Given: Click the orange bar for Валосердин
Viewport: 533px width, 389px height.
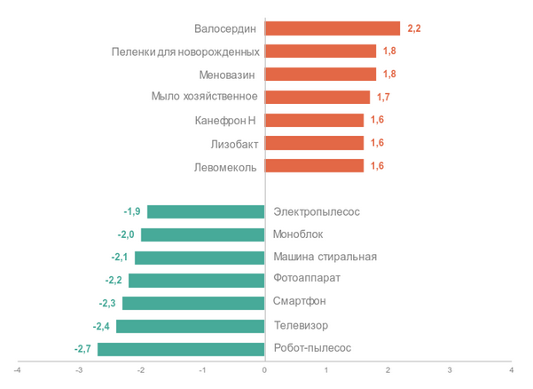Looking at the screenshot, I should coord(333,28).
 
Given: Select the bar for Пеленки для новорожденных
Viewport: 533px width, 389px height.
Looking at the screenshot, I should coord(320,52).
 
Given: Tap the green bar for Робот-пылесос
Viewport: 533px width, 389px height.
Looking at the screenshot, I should coord(181,349).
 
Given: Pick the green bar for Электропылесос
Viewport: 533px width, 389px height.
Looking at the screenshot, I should coord(206,211).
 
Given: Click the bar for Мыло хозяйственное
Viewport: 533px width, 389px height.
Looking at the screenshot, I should coord(317,97).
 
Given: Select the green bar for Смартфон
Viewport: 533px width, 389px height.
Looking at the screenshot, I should coord(193,303).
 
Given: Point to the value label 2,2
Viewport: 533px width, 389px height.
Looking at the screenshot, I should coord(414,28).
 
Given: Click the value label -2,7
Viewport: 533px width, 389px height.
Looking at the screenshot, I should coord(82,349).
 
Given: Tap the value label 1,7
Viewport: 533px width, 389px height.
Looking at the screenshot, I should coord(384,97).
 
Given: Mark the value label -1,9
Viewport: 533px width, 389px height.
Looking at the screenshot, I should coord(132,211).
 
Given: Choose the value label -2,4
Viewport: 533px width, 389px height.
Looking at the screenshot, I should coord(101,326).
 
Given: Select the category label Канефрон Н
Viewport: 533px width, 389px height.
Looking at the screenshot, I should coord(225,120).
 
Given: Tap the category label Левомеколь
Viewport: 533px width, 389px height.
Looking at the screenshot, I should coord(225,166).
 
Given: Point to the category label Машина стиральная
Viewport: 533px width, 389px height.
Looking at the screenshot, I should coord(325,258).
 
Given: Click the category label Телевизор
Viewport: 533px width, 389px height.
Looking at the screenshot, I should coord(301,326).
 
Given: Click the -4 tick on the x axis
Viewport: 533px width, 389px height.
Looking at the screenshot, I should coord(17,369).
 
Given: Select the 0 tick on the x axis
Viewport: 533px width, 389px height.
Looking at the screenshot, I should coord(264,369).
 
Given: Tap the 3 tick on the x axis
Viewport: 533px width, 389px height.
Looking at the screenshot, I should coord(450,369).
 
